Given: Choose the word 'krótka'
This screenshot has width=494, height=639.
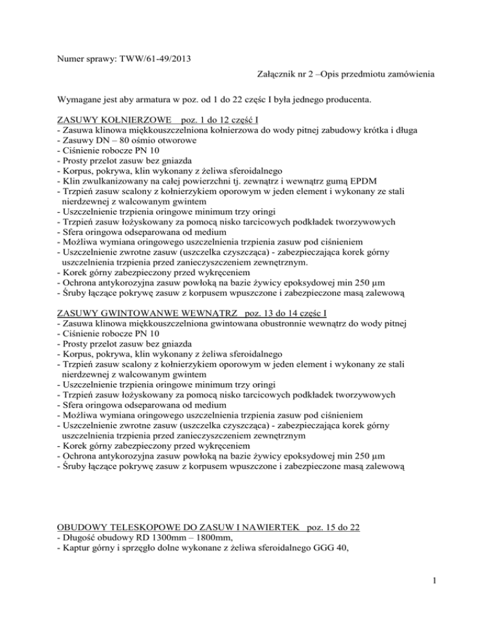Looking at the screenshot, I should pos(421,131).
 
